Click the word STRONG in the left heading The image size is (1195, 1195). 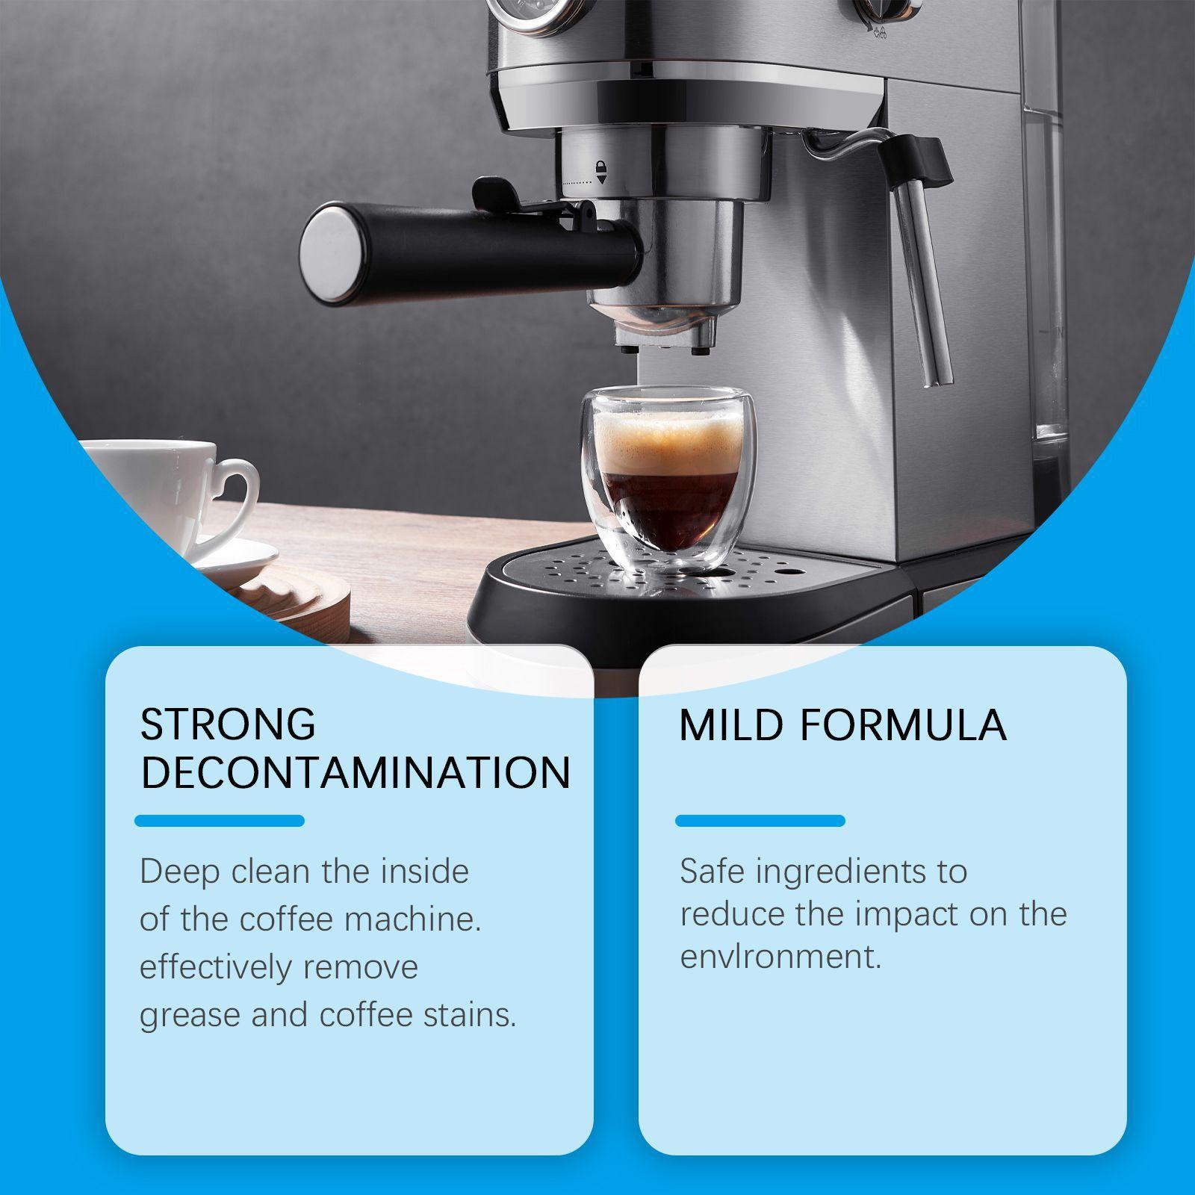[228, 724]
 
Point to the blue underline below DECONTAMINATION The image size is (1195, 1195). [220, 821]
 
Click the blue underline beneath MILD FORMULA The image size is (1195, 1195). [760, 821]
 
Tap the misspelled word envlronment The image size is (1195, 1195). [780, 957]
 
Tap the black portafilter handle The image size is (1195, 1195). [471, 250]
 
